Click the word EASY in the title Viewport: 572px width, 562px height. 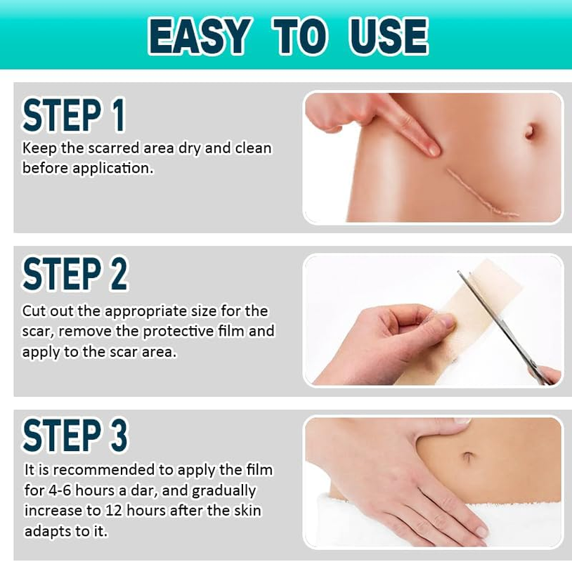[200, 36]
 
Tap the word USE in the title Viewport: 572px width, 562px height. [388, 36]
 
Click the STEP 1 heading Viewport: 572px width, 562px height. [74, 115]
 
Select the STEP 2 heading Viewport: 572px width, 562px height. [74, 273]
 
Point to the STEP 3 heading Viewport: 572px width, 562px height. [74, 435]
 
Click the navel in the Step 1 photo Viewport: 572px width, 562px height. [530, 131]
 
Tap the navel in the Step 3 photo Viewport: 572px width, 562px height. [468, 457]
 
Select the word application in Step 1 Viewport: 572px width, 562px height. [112, 169]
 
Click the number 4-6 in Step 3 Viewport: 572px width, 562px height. [60, 490]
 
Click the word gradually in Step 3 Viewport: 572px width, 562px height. [223, 491]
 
